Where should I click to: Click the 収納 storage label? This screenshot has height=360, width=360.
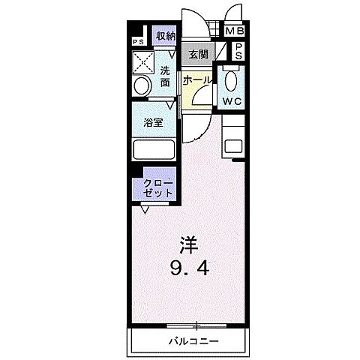tap(165, 36)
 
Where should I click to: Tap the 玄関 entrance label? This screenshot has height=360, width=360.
tap(197, 55)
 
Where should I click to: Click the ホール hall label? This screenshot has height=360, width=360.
tap(196, 80)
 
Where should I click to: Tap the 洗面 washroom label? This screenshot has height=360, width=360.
tap(166, 76)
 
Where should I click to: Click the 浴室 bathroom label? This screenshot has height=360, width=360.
tap(154, 122)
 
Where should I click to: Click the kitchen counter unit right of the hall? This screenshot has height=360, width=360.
tap(235, 148)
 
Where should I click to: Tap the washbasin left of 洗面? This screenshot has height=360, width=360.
tap(139, 87)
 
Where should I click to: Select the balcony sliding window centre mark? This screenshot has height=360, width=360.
tap(196, 325)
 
